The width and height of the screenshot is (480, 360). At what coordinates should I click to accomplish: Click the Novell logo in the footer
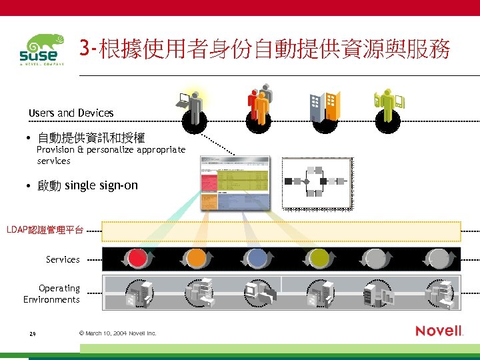pos(439,331)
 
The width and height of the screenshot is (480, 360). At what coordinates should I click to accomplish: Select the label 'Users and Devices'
pos(71,113)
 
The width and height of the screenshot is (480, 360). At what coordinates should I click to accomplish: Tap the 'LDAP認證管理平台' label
pos(45,230)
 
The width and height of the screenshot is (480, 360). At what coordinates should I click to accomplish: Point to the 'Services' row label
pos(63,259)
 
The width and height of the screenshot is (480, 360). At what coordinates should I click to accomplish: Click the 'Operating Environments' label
pos(52,294)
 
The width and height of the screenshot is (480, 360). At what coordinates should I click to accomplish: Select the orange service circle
pos(197,259)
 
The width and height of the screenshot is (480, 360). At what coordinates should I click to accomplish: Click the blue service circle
pos(257,259)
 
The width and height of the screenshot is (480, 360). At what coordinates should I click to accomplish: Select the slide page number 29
pos(32,333)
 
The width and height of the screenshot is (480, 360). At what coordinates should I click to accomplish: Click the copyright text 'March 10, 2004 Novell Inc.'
pos(117,333)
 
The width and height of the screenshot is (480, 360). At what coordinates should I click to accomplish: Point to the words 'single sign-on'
pos(101,185)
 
